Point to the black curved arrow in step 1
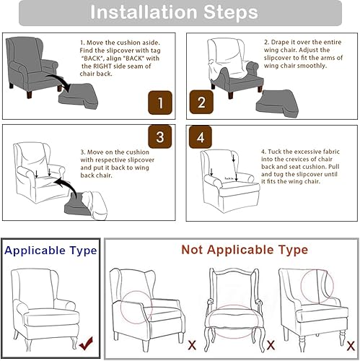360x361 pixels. tap(61, 82)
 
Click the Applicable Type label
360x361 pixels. tap(51, 251)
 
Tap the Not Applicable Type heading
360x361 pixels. tap(234, 250)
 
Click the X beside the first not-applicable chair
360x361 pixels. tap(191, 344)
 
